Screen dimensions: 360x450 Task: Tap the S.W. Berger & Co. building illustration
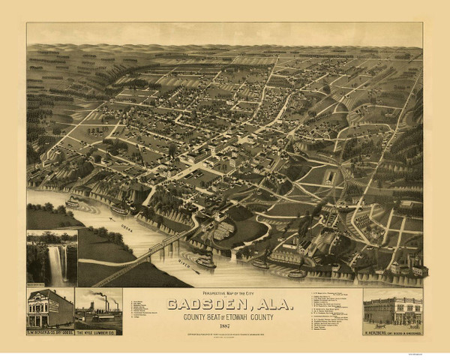[49, 307]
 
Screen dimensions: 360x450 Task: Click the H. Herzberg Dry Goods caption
[392, 331]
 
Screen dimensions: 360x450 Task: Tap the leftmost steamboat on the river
[73, 202]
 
